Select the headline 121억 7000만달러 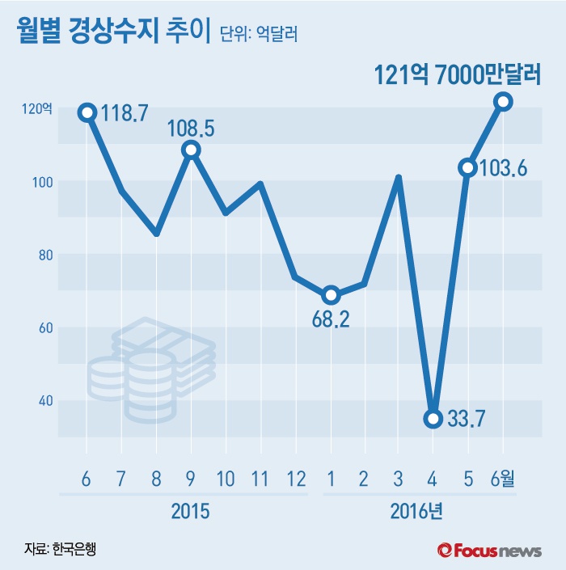457,75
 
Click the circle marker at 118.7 87,112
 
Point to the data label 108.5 192,129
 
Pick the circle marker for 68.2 330,294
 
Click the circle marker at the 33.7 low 433,418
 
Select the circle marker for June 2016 503,101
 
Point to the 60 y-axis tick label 42,328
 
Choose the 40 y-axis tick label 42,401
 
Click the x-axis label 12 295,478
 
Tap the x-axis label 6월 502,478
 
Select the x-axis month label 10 226,478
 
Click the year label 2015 191,511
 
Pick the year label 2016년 416,511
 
